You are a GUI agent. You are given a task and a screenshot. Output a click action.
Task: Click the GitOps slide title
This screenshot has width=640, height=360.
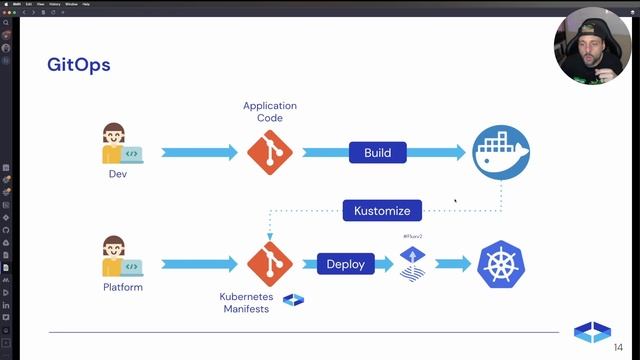[78, 65]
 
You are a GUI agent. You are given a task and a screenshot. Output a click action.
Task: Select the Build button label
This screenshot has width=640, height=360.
[377, 153]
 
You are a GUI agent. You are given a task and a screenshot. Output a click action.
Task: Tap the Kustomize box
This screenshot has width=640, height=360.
[382, 210]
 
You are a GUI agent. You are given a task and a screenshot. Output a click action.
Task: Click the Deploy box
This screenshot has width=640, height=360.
[346, 264]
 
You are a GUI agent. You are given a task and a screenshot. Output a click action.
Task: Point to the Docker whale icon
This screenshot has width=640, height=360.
[501, 153]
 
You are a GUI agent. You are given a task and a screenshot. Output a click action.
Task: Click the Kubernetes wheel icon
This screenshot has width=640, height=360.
[501, 264]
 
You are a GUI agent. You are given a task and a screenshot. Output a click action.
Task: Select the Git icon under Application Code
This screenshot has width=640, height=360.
[269, 153]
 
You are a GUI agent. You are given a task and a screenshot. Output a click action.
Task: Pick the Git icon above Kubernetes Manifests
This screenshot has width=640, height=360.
[269, 264]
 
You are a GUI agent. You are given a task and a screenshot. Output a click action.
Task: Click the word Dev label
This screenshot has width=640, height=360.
[119, 175]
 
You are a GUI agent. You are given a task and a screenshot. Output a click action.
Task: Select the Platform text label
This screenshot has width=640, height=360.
[123, 288]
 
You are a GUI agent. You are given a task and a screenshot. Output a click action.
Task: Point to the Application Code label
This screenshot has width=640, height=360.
[270, 112]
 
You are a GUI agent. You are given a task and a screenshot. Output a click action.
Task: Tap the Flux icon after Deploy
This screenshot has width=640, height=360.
[413, 263]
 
